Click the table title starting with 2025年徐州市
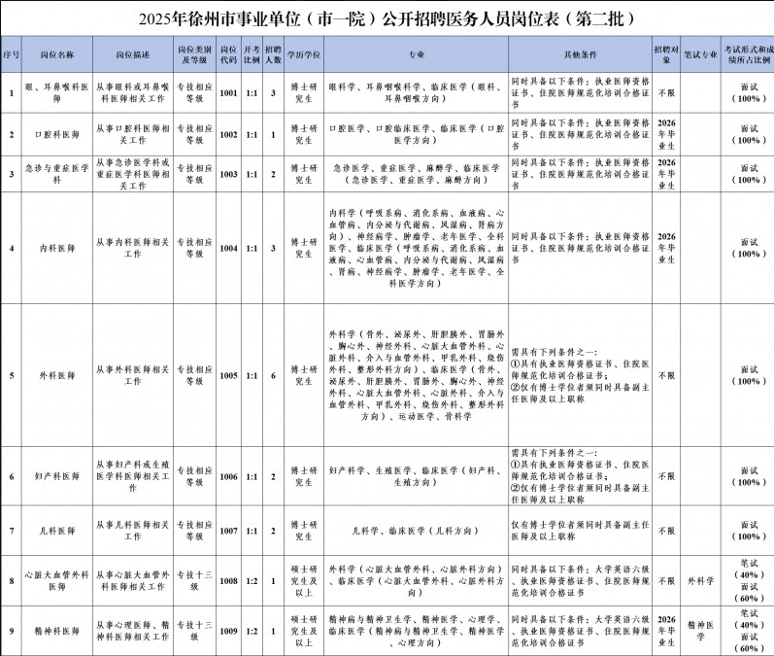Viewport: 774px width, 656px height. (x=387, y=17)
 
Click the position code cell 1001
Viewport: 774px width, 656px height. (x=228, y=94)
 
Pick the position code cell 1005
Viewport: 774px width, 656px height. (x=228, y=375)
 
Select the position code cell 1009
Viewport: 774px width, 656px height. (x=228, y=630)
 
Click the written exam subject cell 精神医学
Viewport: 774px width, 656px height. (x=700, y=630)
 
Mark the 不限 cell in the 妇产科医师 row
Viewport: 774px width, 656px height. (x=666, y=476)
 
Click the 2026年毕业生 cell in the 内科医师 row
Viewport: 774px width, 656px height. (x=666, y=248)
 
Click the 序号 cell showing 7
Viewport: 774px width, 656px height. (x=11, y=532)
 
